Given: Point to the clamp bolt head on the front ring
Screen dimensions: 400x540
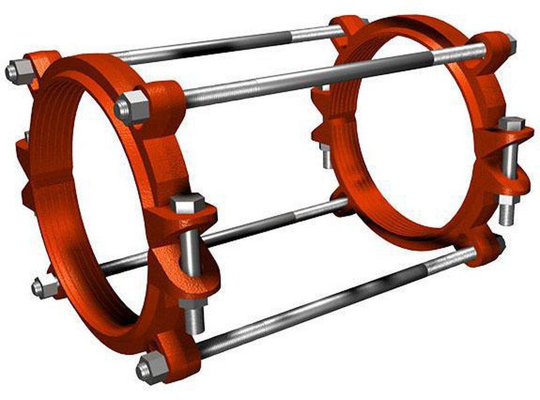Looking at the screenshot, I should [x=187, y=204].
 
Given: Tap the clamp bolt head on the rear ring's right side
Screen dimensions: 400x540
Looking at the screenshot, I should [x=510, y=124].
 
